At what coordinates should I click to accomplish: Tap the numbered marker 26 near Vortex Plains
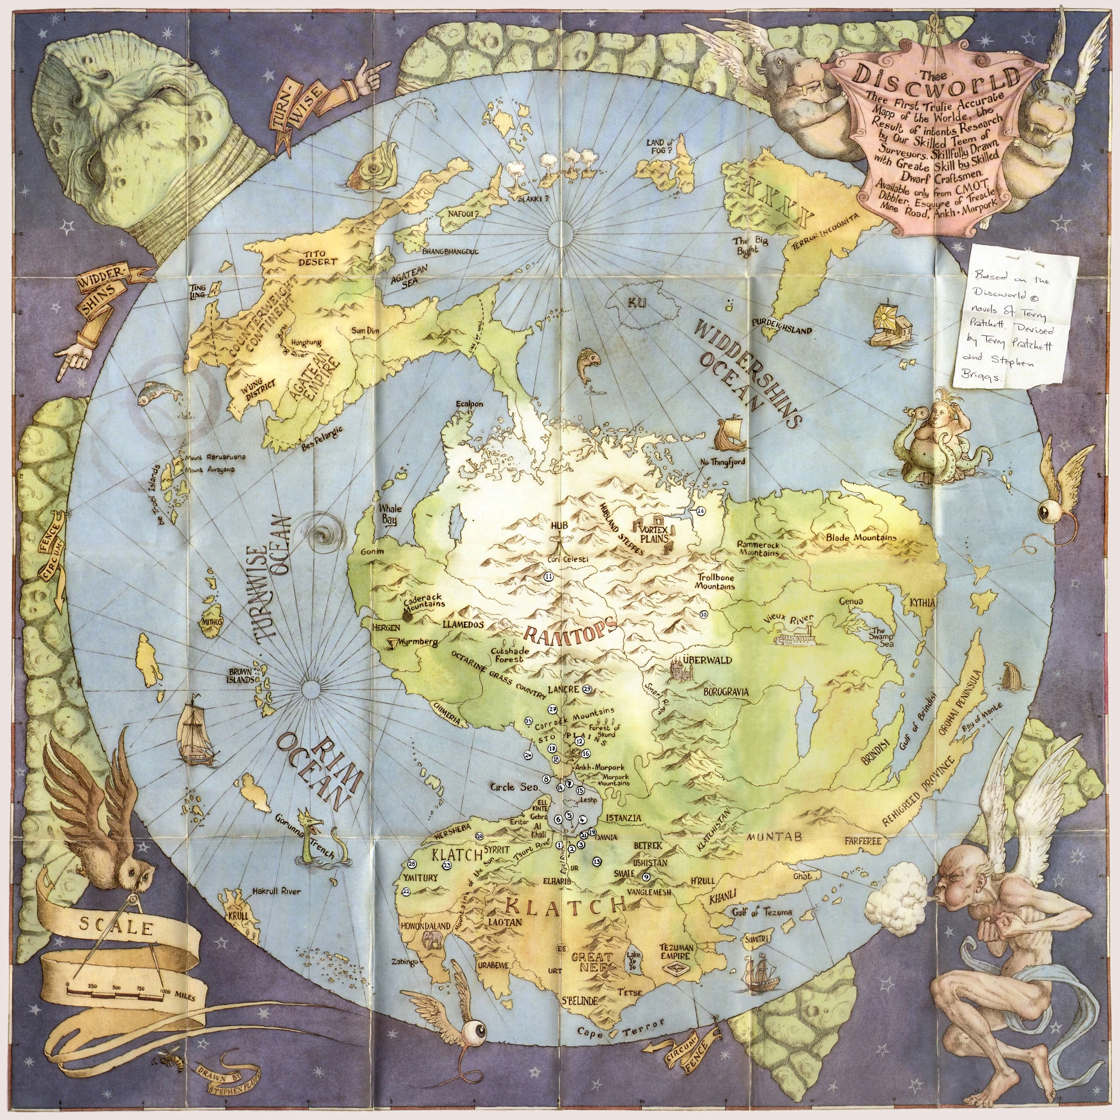(x=701, y=511)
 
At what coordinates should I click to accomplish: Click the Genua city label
(x=851, y=601)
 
